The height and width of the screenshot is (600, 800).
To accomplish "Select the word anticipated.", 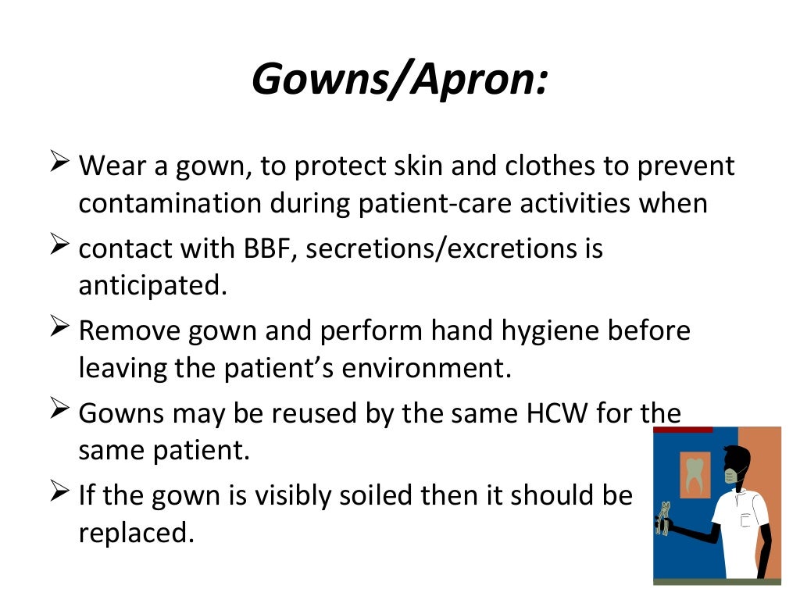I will point(152,285).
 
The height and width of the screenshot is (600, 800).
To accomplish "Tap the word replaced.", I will point(135,533).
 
